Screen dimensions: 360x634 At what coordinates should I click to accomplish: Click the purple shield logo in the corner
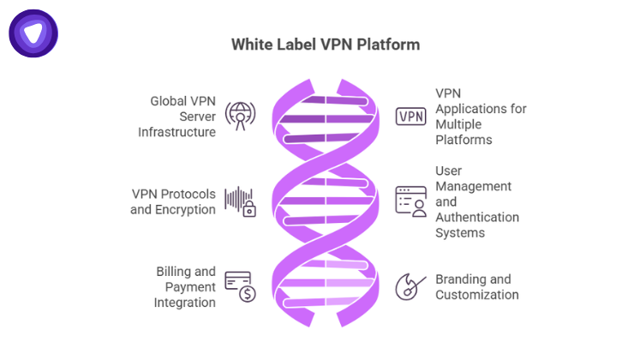point(33,33)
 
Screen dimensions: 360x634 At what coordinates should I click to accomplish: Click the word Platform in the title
point(391,44)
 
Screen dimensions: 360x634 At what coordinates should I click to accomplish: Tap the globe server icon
point(240,115)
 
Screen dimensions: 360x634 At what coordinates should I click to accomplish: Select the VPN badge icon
point(410,117)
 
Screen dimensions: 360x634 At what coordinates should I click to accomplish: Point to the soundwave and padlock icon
point(241,201)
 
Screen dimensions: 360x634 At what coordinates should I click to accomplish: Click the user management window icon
point(410,200)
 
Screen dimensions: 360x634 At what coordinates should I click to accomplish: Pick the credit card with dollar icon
point(241,286)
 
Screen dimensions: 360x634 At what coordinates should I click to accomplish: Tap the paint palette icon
point(408,286)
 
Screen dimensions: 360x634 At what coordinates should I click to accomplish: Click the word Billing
point(173,272)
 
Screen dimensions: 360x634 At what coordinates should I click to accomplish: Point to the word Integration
point(184,302)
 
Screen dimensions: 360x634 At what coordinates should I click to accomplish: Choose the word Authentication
point(477,217)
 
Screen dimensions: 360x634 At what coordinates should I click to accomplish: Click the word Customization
point(477,295)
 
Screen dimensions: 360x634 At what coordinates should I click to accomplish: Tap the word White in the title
point(253,44)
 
